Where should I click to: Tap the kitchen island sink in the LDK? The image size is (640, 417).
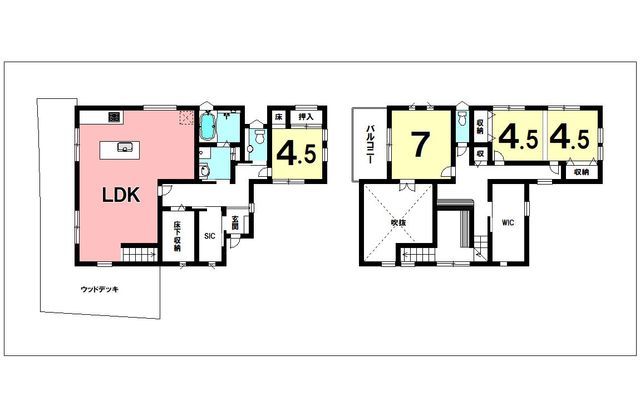point(124,148)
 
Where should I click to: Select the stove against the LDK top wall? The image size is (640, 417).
point(112,117)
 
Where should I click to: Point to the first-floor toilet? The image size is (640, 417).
point(256,132)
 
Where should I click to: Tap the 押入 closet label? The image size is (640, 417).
point(308,117)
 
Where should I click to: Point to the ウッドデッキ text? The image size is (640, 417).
point(100,289)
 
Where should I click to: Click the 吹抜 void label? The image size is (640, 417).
point(397,222)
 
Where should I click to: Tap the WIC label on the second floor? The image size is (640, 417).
point(507,222)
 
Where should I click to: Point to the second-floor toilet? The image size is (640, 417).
point(461,119)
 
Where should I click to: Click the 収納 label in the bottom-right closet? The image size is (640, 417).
point(582,172)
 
